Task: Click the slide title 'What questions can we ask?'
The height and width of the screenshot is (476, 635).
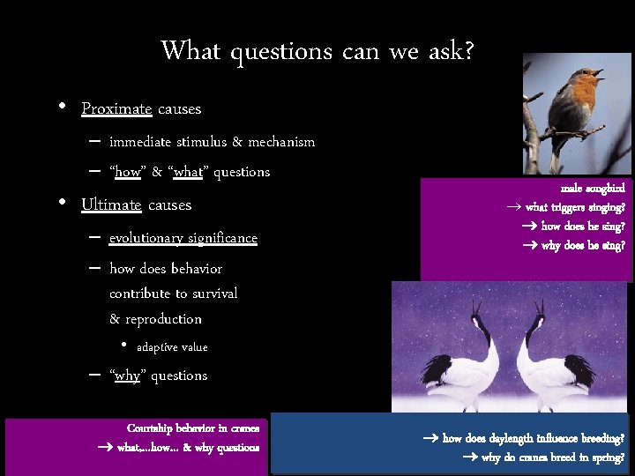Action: tap(317, 51)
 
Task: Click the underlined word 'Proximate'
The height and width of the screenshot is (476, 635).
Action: tap(116, 109)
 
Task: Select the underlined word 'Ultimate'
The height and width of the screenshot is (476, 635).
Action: tap(111, 205)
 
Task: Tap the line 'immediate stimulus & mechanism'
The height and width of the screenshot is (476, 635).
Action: tap(212, 142)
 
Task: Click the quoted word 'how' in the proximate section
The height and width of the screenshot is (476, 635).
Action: tap(128, 172)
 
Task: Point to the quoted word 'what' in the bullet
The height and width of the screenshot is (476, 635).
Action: tap(189, 172)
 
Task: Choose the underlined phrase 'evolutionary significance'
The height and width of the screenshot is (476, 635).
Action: tap(183, 238)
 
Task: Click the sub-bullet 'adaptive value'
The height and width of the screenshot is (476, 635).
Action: tap(172, 347)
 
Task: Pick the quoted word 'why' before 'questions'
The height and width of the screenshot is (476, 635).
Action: tap(127, 376)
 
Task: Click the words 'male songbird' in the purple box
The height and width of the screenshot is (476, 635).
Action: tap(593, 189)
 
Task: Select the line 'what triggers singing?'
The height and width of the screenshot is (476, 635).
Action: tap(575, 208)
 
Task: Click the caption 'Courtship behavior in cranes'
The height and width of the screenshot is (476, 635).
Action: tap(193, 428)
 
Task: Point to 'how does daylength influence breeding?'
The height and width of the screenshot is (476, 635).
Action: tap(534, 438)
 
